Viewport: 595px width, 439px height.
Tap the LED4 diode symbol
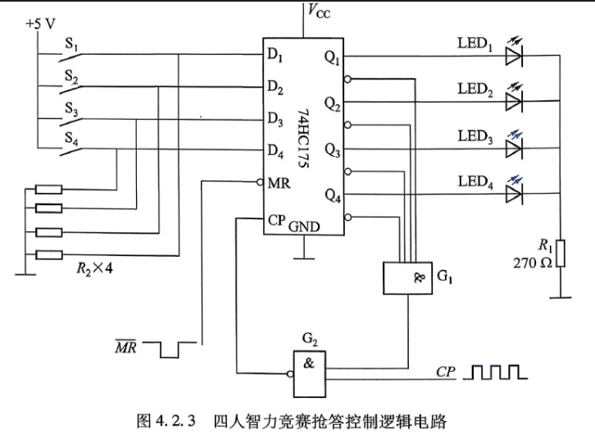(514, 194)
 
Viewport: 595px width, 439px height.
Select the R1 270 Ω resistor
(561, 253)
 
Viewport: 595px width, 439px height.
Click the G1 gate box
(407, 278)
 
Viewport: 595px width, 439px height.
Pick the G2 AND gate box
(309, 374)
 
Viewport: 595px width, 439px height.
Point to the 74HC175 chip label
(303, 139)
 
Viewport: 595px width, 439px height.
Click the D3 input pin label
(275, 119)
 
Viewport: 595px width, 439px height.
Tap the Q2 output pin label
(333, 103)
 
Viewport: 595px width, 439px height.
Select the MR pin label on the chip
(279, 183)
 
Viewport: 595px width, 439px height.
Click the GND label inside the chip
(304, 227)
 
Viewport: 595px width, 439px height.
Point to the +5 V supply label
(40, 24)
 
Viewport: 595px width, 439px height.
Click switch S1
(70, 54)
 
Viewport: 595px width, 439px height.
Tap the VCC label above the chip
(318, 11)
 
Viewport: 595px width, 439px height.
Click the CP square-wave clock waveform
(496, 372)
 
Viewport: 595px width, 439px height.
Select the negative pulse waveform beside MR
(170, 350)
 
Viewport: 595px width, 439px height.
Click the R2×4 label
(94, 268)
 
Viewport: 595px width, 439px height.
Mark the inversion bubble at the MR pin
(260, 182)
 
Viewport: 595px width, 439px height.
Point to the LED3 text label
(475, 136)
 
